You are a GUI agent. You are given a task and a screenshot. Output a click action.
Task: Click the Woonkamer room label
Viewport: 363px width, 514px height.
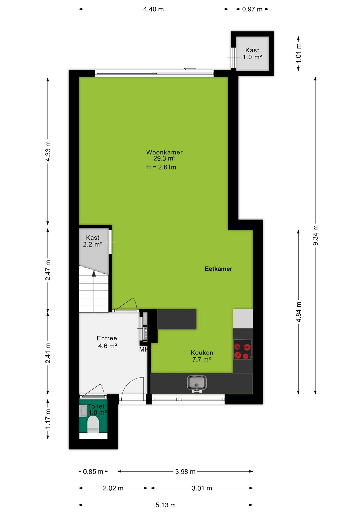(x=164, y=152)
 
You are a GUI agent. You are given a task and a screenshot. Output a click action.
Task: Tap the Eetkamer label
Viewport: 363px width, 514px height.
(x=218, y=269)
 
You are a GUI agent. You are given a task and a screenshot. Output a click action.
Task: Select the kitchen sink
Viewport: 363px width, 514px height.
(x=197, y=383)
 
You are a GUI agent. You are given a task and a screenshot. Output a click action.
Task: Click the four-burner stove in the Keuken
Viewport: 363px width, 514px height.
(x=242, y=349)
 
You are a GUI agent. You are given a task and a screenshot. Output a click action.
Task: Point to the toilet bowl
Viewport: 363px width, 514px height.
(x=93, y=424)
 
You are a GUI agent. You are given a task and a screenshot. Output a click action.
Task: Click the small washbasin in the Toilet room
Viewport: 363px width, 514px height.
(x=84, y=410)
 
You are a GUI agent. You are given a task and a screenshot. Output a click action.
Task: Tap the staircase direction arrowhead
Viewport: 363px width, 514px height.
(x=94, y=274)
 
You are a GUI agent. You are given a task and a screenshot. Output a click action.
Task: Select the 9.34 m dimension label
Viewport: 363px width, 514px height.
(x=315, y=235)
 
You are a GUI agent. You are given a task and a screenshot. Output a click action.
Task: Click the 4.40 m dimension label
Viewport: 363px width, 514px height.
(x=153, y=9)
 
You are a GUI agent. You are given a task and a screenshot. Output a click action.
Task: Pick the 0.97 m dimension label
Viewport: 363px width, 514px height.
(x=252, y=9)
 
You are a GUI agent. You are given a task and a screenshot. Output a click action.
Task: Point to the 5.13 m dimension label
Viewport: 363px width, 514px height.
(x=165, y=505)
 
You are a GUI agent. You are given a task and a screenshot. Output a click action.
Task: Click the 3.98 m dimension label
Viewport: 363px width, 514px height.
(x=185, y=471)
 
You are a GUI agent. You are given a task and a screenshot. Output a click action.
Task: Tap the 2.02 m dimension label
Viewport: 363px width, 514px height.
(x=113, y=488)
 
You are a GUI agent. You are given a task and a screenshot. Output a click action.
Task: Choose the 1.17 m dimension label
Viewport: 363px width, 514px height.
(x=48, y=419)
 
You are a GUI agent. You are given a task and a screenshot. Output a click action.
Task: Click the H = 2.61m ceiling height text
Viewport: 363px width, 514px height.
(x=161, y=167)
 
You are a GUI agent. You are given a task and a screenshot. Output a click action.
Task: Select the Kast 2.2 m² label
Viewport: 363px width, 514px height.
(x=92, y=241)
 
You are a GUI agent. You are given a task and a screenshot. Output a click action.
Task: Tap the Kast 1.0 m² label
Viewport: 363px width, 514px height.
(x=252, y=54)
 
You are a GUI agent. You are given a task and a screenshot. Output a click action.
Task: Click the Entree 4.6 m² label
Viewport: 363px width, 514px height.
(x=107, y=342)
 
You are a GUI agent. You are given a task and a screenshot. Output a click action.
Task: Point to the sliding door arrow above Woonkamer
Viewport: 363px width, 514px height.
(x=190, y=69)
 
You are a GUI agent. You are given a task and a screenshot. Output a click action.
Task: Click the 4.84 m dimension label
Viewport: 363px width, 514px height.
(x=298, y=312)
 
